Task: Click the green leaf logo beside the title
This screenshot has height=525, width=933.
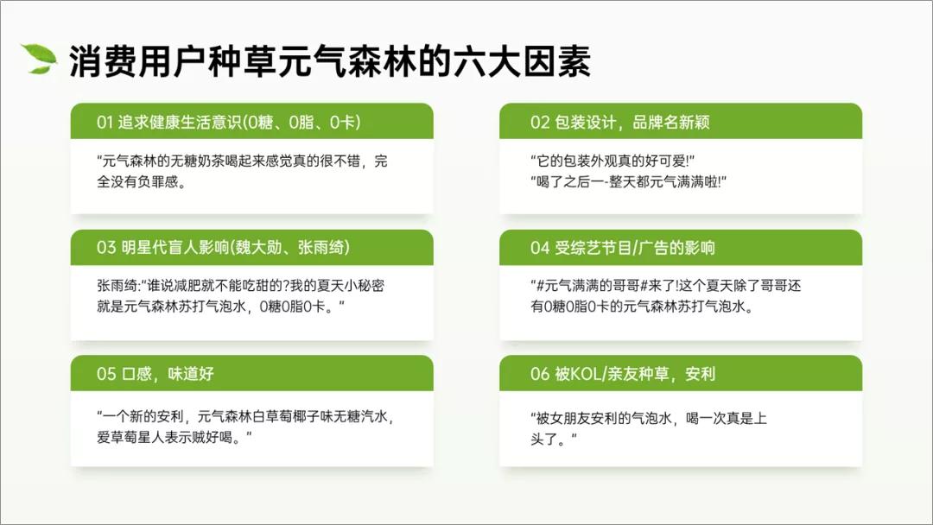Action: click(x=39, y=58)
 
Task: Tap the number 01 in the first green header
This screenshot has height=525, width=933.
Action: click(x=105, y=123)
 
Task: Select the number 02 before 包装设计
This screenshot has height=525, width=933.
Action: click(x=540, y=123)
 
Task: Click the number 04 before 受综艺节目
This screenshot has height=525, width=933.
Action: click(x=540, y=248)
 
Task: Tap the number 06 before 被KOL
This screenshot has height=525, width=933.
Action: click(x=540, y=374)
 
